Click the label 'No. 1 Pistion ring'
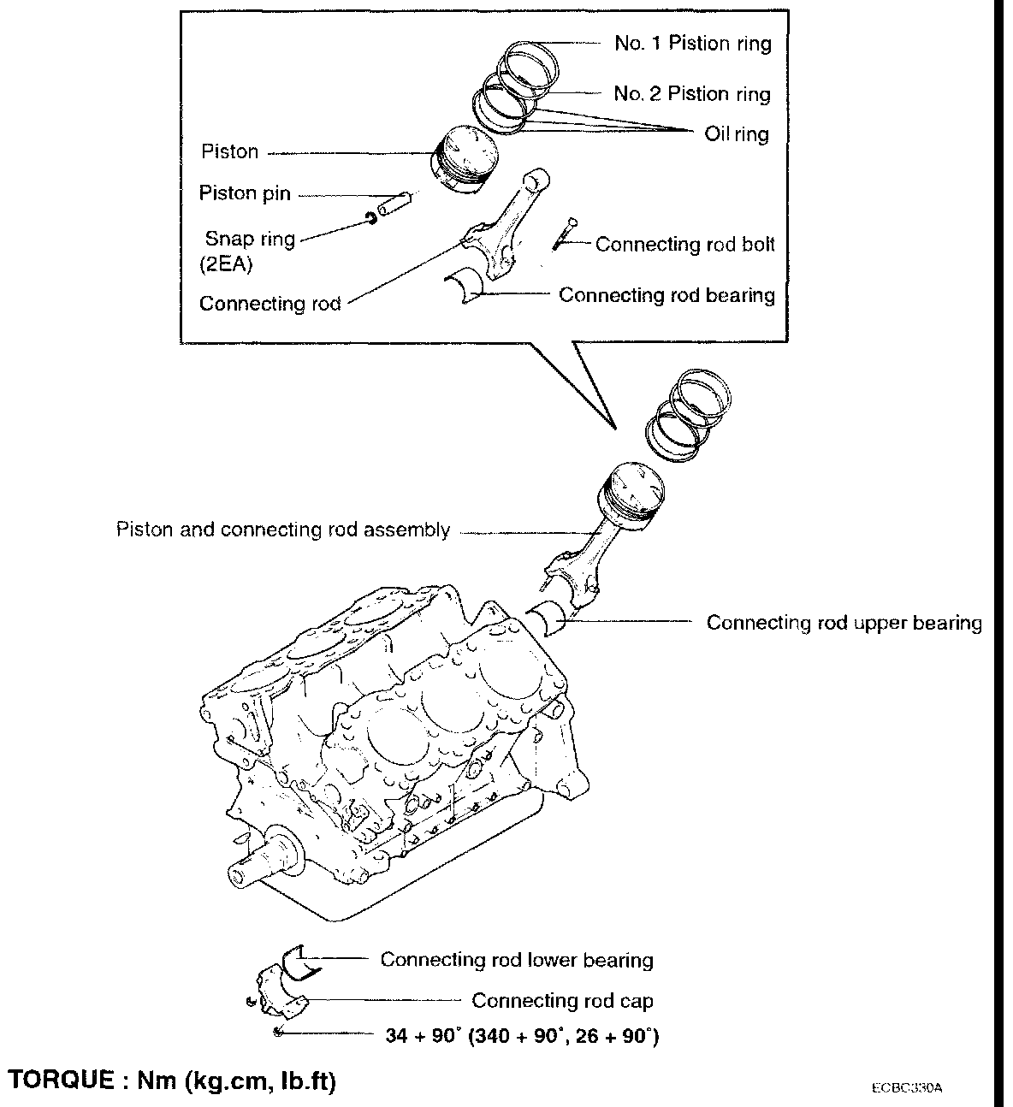(692, 44)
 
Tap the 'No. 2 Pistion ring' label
(691, 94)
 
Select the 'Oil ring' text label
(736, 134)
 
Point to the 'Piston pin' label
(245, 193)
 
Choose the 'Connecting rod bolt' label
(684, 245)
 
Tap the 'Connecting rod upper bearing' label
(844, 623)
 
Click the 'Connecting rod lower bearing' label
(516, 960)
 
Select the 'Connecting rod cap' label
(562, 1000)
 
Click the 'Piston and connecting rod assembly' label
(282, 530)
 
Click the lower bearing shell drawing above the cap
(300, 963)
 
